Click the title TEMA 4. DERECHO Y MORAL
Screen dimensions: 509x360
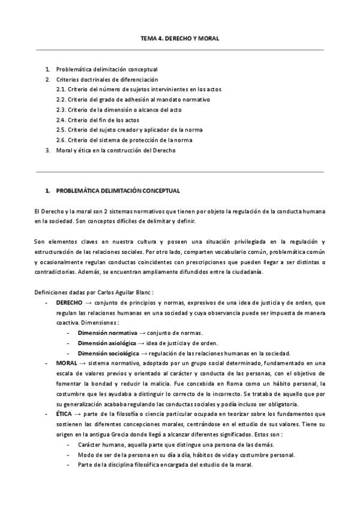tap(179, 38)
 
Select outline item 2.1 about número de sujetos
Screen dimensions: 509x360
tap(137, 89)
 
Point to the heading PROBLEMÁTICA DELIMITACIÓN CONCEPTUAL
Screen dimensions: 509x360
tap(118, 191)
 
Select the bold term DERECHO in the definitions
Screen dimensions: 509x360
tap(69, 303)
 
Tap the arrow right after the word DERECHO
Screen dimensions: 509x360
tap(88, 303)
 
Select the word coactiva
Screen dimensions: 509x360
tap(68, 323)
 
